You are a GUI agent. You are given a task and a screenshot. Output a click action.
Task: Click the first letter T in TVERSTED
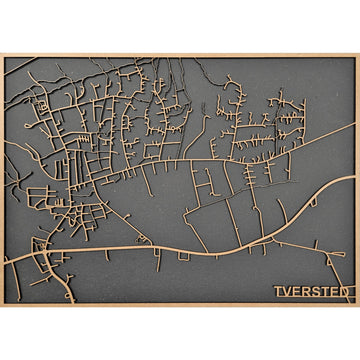(277, 292)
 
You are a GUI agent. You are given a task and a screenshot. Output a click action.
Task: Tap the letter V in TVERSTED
(286, 292)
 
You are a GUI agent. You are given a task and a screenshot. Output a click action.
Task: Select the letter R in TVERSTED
(305, 292)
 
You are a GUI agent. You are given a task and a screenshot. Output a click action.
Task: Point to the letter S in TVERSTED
(314, 292)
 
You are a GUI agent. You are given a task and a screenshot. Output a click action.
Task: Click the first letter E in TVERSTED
(296, 292)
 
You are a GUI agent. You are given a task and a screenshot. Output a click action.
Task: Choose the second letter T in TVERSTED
(323, 292)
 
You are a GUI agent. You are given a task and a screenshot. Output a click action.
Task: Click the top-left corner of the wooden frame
(2, 55)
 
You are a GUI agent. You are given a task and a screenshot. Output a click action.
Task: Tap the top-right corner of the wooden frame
(357, 55)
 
